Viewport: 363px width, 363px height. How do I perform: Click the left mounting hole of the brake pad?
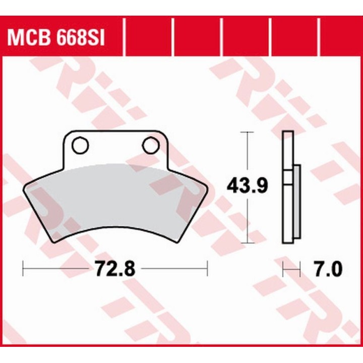[x=80, y=145]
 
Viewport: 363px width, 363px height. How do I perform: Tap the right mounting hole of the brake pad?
[x=151, y=145]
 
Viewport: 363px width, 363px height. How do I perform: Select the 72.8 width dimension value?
[x=115, y=269]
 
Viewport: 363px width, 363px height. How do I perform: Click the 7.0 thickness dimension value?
[x=328, y=269]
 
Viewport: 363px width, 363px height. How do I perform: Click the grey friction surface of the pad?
[x=115, y=199]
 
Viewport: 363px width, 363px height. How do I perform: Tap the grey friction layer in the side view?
[x=297, y=202]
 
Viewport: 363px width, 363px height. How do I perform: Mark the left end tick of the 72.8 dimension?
[x=23, y=268]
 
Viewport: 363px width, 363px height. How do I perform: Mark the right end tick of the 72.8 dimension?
[x=207, y=268]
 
